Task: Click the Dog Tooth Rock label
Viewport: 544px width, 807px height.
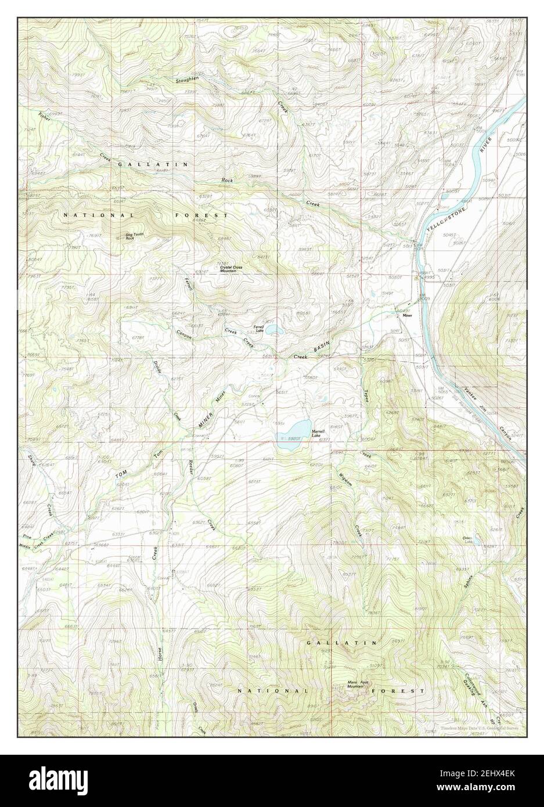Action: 133,236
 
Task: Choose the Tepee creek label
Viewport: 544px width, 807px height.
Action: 366,381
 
